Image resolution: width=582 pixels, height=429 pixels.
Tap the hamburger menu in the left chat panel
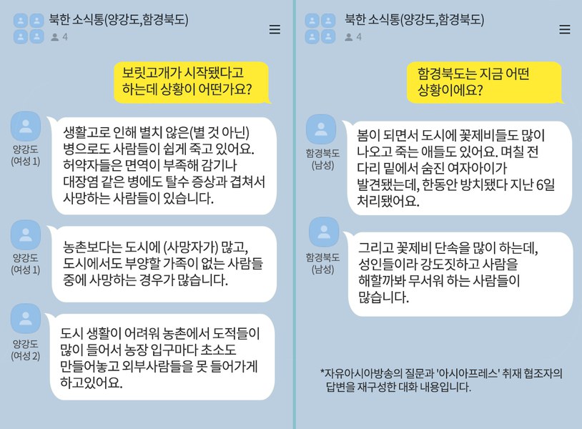[x=275, y=29]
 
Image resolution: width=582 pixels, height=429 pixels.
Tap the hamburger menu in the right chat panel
[x=565, y=29]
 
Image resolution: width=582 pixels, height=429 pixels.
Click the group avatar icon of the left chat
[x=29, y=29]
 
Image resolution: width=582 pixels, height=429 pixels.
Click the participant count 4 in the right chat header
[x=359, y=36]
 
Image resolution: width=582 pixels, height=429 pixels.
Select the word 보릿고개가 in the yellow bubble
[x=152, y=73]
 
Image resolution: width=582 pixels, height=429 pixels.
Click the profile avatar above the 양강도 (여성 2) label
[x=26, y=319]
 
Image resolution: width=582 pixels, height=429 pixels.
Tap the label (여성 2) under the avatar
[x=26, y=356]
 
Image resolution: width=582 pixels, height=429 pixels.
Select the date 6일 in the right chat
[x=546, y=184]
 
